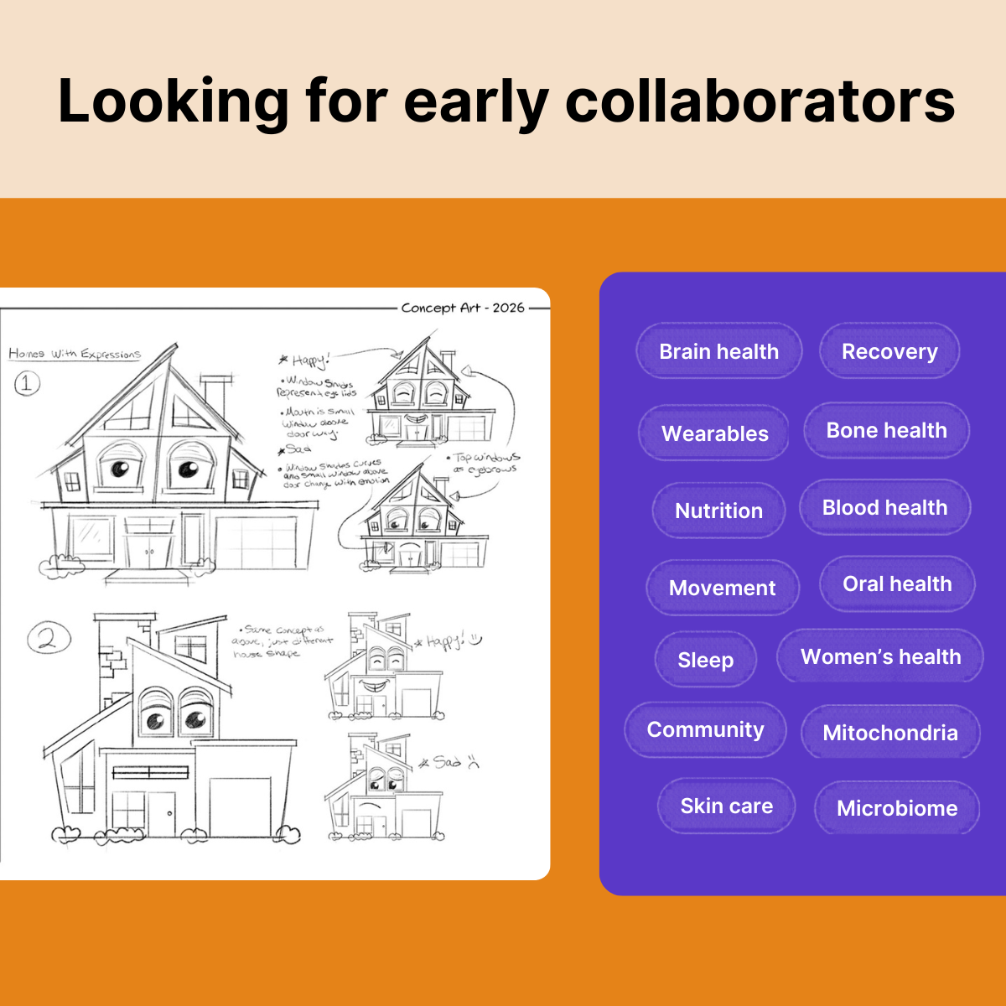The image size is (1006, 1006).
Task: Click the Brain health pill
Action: click(718, 351)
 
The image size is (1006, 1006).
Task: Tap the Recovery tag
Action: click(889, 351)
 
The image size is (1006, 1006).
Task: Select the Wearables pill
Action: click(714, 433)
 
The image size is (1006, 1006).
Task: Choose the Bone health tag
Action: click(886, 431)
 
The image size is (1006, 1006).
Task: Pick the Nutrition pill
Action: click(718, 511)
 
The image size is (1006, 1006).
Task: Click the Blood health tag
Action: click(884, 507)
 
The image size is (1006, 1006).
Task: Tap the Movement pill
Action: click(722, 588)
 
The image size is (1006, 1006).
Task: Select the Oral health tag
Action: click(897, 584)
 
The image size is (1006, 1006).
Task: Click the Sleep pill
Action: click(705, 660)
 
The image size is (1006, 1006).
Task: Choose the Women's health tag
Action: click(880, 656)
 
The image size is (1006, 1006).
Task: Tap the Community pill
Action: click(705, 729)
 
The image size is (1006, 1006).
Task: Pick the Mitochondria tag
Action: click(890, 733)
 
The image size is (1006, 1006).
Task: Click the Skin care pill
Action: click(726, 806)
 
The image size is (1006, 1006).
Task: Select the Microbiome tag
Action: click(897, 808)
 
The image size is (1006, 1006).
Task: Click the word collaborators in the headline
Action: click(760, 101)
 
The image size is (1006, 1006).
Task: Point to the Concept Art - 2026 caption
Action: click(463, 308)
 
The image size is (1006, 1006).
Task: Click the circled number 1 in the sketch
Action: click(27, 384)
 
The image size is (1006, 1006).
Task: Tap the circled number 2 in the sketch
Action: click(48, 639)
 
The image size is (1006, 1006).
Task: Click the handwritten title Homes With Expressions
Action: click(75, 354)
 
